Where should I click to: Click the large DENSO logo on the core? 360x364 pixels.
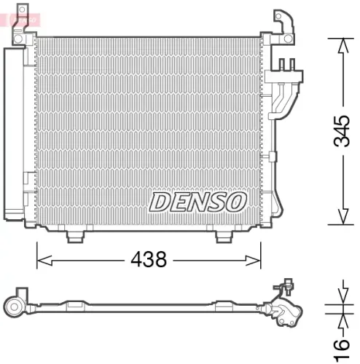(198, 202)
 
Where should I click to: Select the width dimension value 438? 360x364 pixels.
(149, 258)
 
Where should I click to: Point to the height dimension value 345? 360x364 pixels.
(340, 132)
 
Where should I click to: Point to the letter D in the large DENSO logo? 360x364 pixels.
(160, 202)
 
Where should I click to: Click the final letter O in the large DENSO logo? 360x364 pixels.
(237, 202)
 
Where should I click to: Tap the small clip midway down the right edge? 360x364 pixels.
(271, 155)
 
